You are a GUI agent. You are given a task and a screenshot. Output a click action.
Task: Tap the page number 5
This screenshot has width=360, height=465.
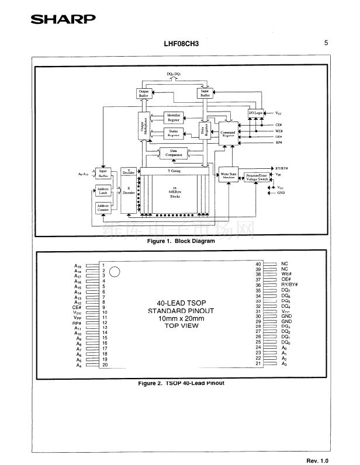click(x=326, y=42)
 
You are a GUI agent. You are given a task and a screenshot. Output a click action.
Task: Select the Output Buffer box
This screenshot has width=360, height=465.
click(x=143, y=93)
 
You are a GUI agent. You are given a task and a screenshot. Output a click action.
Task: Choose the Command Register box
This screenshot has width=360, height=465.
click(x=229, y=134)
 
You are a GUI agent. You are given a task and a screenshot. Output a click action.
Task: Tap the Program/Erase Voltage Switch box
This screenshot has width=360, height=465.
click(x=257, y=176)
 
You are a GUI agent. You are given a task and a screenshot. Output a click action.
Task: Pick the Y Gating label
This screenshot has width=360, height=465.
click(x=174, y=171)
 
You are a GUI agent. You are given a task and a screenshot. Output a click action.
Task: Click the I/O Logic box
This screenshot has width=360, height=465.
click(x=256, y=113)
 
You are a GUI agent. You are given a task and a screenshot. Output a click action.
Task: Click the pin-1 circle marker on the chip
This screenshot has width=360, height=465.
click(x=115, y=271)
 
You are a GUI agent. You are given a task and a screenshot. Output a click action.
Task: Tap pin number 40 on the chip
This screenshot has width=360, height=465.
click(x=258, y=264)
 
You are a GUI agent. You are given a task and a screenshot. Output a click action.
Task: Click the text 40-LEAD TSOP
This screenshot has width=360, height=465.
click(x=181, y=303)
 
